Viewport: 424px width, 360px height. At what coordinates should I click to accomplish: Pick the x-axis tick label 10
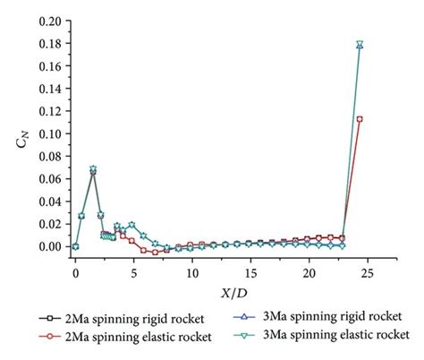click(192, 267)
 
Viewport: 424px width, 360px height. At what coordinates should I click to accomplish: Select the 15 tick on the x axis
click(251, 267)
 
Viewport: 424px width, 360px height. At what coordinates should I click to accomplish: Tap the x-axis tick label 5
click(134, 267)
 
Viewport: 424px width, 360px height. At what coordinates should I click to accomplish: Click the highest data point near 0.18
click(360, 44)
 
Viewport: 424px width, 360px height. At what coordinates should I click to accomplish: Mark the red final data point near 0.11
click(360, 119)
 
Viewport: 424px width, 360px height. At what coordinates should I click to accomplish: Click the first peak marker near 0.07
click(93, 169)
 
